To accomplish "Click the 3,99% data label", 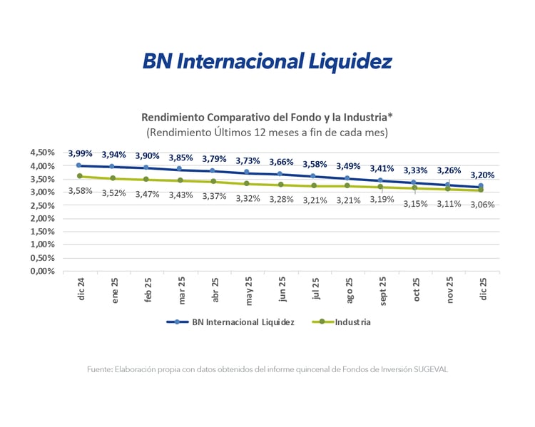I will tap(80, 153).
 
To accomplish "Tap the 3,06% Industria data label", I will tap(481, 204).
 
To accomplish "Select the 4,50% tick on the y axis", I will tap(42, 153).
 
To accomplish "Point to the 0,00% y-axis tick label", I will tap(42, 271).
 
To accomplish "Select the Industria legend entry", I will tap(342, 322).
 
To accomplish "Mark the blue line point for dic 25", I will tap(481, 186).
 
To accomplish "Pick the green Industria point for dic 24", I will tap(80, 176).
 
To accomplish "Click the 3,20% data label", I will tap(482, 175).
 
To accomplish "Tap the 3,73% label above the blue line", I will tap(248, 160).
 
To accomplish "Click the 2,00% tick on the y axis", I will tap(42, 218).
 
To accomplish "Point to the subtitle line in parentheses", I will tap(267, 133).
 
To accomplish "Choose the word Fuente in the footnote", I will tap(100, 369).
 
